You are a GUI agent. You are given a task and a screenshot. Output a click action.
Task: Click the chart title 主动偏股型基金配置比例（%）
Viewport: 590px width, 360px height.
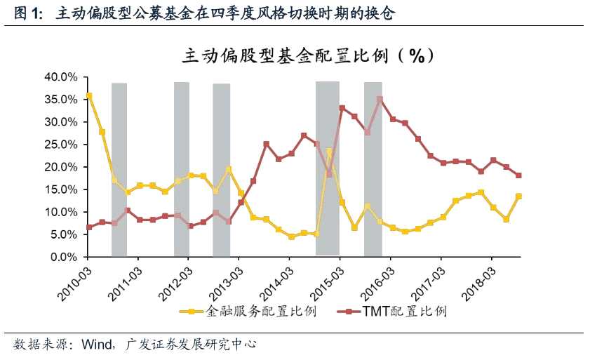308,55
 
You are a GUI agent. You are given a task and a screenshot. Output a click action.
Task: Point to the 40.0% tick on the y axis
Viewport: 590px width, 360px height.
60,76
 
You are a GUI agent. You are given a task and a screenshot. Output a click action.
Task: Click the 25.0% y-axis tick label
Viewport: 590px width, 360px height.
60,144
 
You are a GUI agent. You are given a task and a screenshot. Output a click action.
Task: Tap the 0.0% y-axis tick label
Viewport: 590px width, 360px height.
62,257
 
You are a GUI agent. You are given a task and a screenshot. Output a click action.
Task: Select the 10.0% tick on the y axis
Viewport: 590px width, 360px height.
60,212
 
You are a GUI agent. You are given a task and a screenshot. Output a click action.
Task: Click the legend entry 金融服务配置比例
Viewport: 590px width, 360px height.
253,311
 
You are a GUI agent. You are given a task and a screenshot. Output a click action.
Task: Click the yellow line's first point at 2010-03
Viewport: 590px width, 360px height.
88,95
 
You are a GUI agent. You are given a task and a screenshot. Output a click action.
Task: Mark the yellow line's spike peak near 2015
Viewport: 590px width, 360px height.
329,151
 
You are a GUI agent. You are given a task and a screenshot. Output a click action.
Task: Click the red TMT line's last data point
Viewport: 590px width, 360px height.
518,175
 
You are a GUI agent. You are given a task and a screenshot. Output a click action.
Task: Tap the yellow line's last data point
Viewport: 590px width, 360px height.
518,196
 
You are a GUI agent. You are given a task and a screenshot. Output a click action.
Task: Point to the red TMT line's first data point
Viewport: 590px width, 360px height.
88,227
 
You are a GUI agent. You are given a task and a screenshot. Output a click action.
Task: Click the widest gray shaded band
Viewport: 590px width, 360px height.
327,168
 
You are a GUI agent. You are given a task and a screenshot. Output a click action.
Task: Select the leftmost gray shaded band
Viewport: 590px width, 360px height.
119,168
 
